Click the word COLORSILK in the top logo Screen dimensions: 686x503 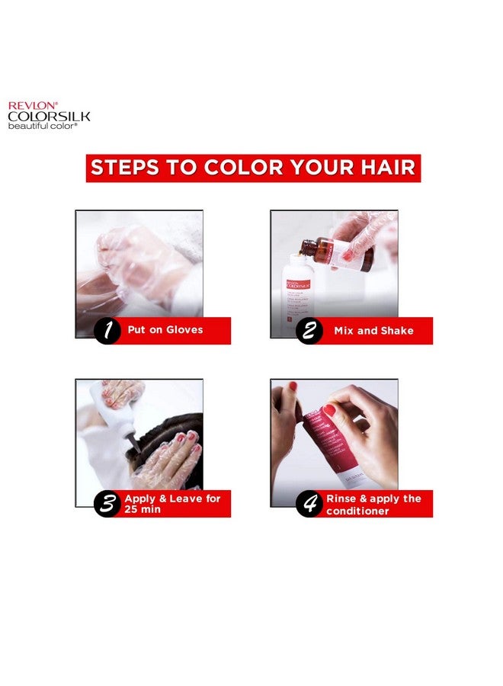click(49, 116)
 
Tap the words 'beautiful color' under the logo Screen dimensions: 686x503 click(43, 125)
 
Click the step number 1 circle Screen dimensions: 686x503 click(108, 331)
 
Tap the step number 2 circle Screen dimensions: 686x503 click(309, 332)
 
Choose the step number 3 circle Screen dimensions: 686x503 click(107, 504)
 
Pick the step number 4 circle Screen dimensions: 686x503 click(309, 504)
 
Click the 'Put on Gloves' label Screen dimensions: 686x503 click(165, 331)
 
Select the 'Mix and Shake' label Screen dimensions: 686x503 click(373, 331)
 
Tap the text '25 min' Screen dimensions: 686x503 click(144, 510)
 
